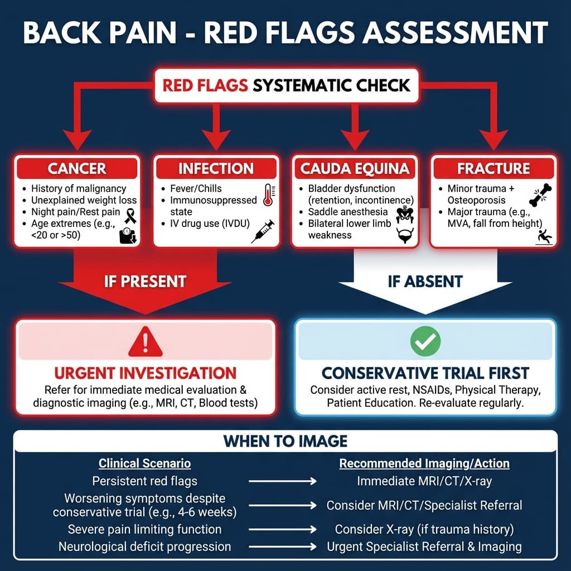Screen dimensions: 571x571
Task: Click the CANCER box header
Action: pyautogui.click(x=77, y=168)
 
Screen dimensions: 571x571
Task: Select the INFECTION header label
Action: pyautogui.click(x=216, y=168)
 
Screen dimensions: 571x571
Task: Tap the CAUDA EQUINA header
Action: pyautogui.click(x=355, y=168)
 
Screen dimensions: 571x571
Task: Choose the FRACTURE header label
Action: pyautogui.click(x=493, y=168)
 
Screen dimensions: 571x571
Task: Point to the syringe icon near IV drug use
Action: pyautogui.click(x=262, y=230)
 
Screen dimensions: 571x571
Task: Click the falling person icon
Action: pyautogui.click(x=543, y=236)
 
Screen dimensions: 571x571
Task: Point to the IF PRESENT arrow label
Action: pyautogui.click(x=145, y=280)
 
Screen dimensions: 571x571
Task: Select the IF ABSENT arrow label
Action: pyautogui.click(x=425, y=280)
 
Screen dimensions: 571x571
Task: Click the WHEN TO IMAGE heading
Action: pyautogui.click(x=285, y=441)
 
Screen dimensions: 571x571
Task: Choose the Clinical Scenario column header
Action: pyautogui.click(x=144, y=463)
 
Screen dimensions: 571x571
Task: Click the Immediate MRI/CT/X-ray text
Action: pyautogui.click(x=424, y=481)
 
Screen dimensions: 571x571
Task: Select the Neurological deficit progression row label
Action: pyautogui.click(x=144, y=546)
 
